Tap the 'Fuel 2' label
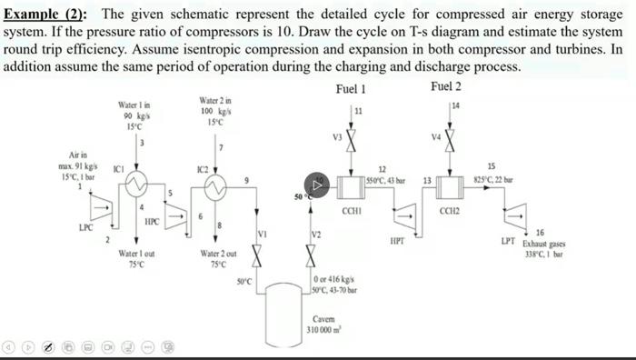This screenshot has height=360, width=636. pyautogui.click(x=446, y=86)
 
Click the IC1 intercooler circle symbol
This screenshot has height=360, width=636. pyautogui.click(x=137, y=185)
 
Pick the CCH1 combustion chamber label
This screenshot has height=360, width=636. pyautogui.click(x=353, y=211)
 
